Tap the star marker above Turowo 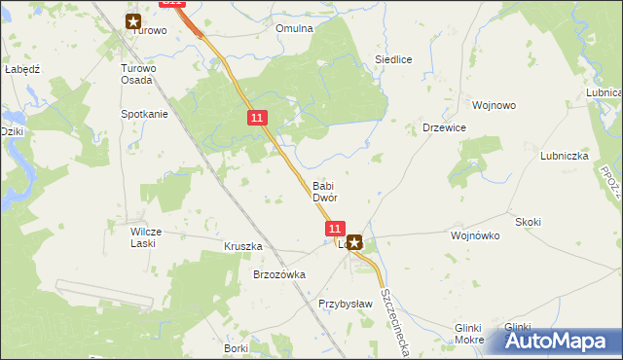click(133, 19)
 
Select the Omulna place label click(294, 28)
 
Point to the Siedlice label click(394, 59)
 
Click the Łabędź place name click(21, 70)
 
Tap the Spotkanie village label click(144, 114)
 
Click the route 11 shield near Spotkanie click(256, 118)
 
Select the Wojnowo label click(493, 105)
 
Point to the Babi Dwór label click(324, 192)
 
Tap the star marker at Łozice click(355, 244)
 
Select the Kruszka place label click(243, 247)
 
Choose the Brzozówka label click(279, 274)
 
